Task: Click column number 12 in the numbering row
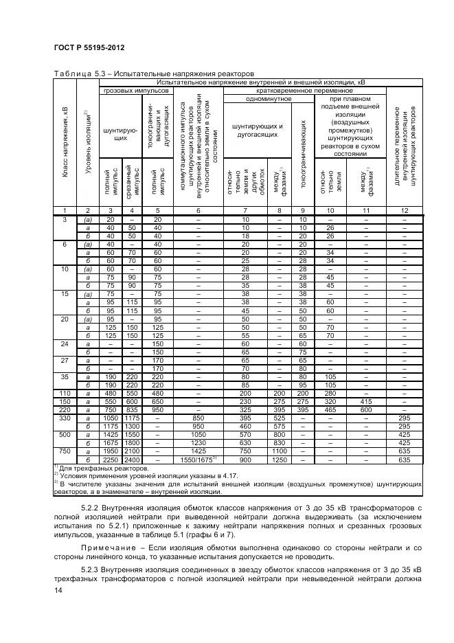click(x=405, y=210)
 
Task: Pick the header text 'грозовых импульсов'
click(x=135, y=90)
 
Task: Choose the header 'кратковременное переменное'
click(x=304, y=90)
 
